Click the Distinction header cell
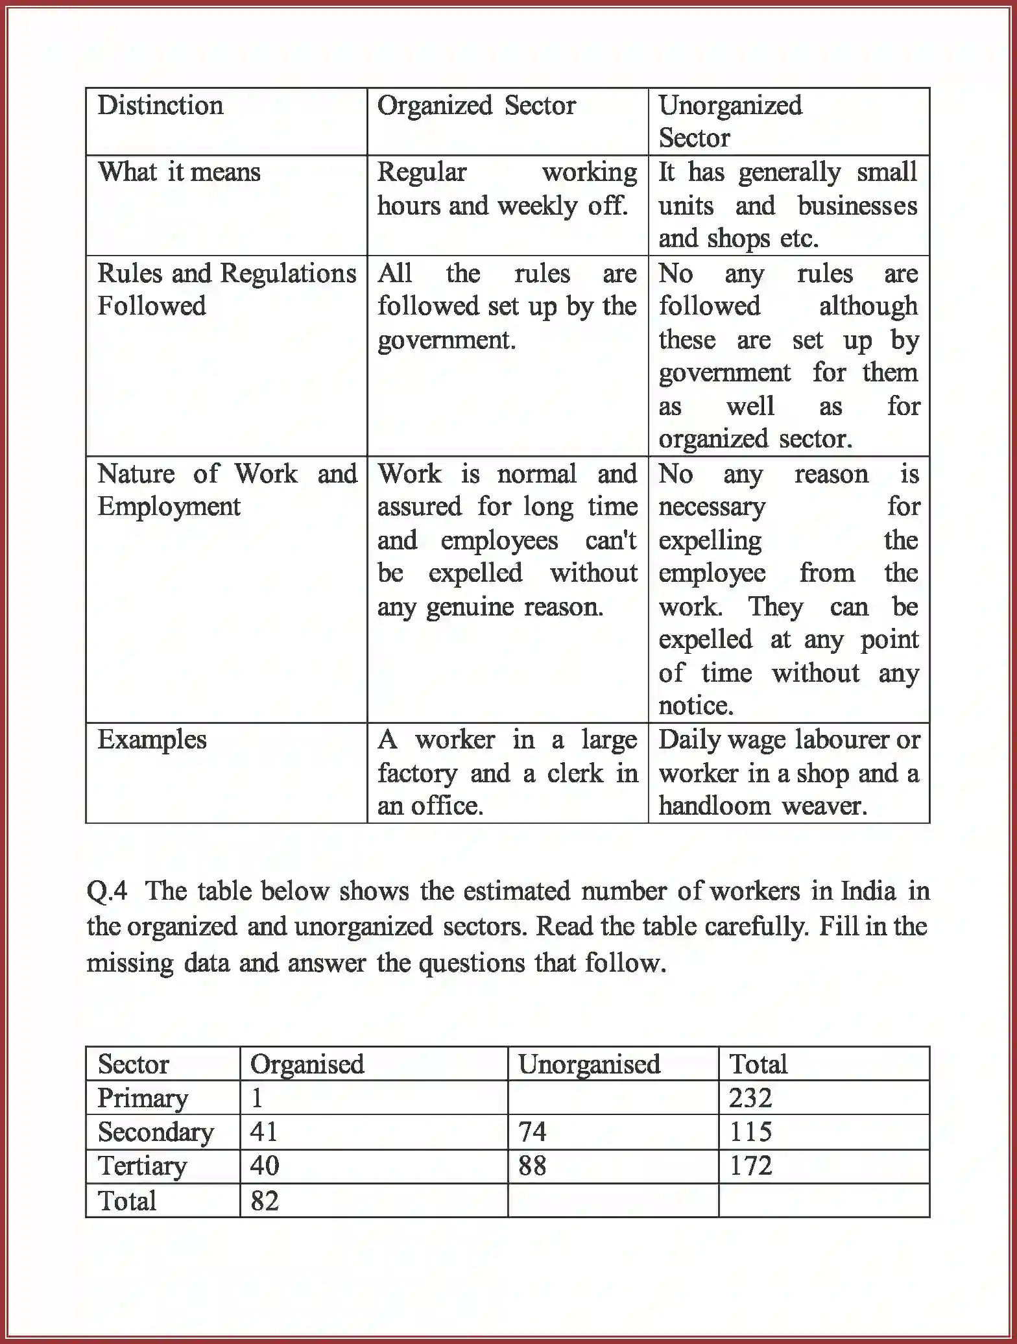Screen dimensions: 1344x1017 coord(160,106)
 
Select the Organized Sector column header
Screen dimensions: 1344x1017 coord(476,106)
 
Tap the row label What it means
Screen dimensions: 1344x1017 coord(179,173)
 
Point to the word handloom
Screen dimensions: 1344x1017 coord(715,806)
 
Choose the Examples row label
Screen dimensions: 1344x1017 coord(152,740)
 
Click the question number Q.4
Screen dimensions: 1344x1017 coord(107,892)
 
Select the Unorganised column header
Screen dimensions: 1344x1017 coord(589,1064)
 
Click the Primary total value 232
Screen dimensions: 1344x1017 coord(750,1098)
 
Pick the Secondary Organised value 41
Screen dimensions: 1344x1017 coord(264,1132)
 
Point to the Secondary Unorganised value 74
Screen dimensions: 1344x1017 coord(532,1132)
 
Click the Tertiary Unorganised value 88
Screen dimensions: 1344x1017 coord(532,1166)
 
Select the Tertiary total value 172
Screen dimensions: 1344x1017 coord(750,1166)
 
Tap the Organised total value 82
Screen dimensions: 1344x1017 coord(264,1201)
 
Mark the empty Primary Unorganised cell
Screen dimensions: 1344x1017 coord(612,1098)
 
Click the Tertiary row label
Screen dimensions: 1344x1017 coord(142,1166)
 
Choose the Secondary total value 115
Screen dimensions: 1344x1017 coord(750,1132)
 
